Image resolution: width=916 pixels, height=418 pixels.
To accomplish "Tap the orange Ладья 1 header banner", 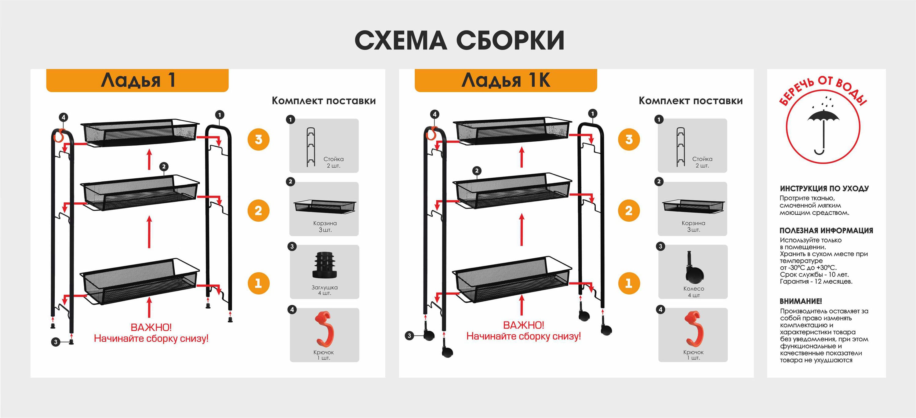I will (137, 80).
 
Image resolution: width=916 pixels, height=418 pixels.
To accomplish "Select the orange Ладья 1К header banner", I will (506, 80).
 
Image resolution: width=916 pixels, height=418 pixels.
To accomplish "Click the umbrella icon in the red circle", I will (823, 130).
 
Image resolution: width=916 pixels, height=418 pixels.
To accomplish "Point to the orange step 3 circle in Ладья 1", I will (259, 139).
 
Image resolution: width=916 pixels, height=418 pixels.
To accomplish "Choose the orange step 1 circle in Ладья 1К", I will (629, 283).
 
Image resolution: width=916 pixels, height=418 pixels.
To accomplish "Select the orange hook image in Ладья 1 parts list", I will (325, 329).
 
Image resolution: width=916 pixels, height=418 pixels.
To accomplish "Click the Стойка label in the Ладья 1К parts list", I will (702, 159).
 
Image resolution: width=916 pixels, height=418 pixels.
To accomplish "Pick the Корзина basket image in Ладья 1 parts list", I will (325, 206).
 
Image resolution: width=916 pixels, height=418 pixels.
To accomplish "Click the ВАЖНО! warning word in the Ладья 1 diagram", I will (151, 327).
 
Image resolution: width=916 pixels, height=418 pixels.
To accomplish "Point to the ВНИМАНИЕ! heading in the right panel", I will (801, 301).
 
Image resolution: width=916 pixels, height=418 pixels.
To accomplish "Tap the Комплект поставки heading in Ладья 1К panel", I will (691, 101).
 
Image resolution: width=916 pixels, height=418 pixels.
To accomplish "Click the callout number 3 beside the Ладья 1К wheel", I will (409, 336).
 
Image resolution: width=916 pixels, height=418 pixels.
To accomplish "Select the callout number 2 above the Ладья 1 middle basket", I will (164, 166).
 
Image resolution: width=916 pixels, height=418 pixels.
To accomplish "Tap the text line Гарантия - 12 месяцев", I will (816, 282).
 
